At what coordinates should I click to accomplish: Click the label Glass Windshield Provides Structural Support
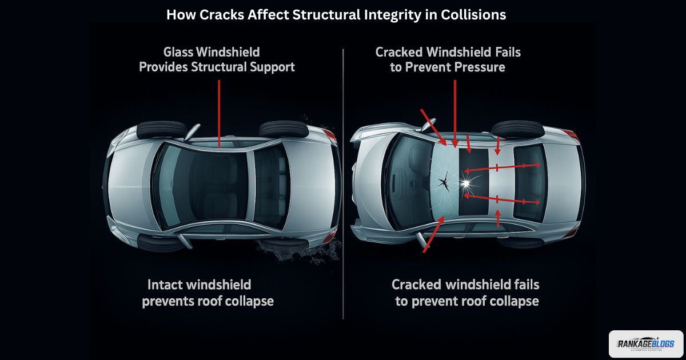click(217, 59)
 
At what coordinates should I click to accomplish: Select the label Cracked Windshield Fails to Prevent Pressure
click(448, 59)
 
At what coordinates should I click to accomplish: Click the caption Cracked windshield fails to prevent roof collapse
click(466, 292)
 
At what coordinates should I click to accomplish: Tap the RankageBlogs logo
click(645, 344)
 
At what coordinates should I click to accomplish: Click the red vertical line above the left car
click(220, 109)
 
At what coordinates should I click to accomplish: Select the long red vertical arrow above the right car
click(454, 111)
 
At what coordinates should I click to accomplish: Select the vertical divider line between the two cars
click(343, 183)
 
